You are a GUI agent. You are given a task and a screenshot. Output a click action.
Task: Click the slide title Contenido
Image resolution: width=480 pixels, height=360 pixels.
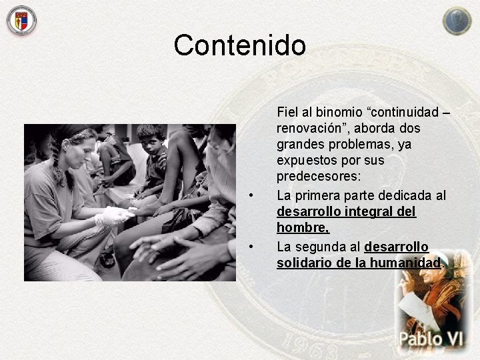(x=239, y=45)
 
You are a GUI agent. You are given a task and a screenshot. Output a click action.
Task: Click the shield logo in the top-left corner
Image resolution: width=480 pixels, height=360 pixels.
(x=21, y=20)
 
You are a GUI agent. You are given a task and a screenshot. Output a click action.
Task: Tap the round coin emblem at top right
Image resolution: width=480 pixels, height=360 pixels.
(x=457, y=21)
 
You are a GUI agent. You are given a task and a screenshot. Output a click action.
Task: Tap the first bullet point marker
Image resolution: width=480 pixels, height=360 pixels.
(x=251, y=195)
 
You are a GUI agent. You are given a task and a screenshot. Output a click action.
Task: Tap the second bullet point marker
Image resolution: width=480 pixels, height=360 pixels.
(x=251, y=247)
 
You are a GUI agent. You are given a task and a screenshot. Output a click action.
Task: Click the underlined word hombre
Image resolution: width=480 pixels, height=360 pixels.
(x=303, y=228)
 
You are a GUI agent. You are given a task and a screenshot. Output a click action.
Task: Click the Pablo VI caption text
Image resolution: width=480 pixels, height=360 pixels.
(x=431, y=338)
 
